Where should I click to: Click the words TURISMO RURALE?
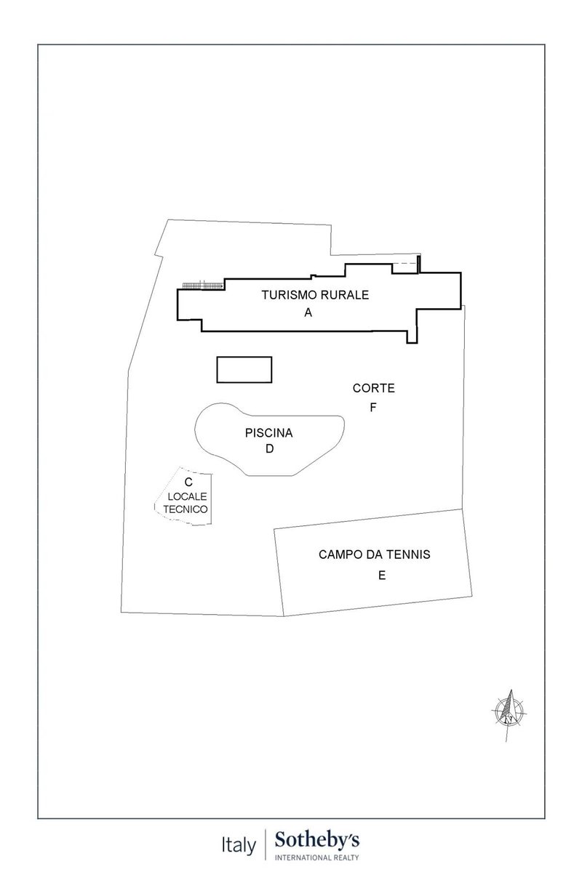pyautogui.click(x=315, y=295)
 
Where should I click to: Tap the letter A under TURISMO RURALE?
pyautogui.click(x=308, y=312)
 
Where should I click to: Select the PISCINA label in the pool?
pyautogui.click(x=268, y=433)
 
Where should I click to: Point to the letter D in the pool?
pyautogui.click(x=269, y=449)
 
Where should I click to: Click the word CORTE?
pyautogui.click(x=373, y=388)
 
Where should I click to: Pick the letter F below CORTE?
pyautogui.click(x=373, y=408)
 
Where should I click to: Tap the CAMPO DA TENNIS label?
pyautogui.click(x=374, y=554)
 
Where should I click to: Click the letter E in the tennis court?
pyautogui.click(x=382, y=576)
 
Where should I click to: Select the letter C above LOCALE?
pyautogui.click(x=188, y=483)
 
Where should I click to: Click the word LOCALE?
pyautogui.click(x=187, y=497)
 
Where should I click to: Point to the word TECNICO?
pyautogui.click(x=186, y=509)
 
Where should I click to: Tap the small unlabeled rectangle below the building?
pyautogui.click(x=244, y=369)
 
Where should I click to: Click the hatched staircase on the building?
pyautogui.click(x=203, y=286)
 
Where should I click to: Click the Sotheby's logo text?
pyautogui.click(x=317, y=840)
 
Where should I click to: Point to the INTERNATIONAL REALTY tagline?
pyautogui.click(x=317, y=857)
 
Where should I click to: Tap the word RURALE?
pyautogui.click(x=344, y=295)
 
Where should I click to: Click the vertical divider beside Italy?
pyautogui.click(x=266, y=844)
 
